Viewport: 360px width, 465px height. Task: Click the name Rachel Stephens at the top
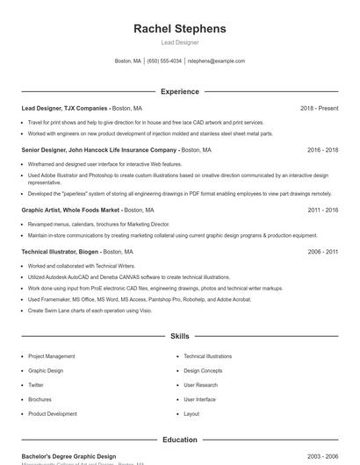[179, 28]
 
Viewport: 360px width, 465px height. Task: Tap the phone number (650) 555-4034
[164, 61]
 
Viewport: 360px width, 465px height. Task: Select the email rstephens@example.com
[217, 61]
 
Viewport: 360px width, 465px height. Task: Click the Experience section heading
[179, 91]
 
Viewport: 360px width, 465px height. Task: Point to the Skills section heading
[179, 336]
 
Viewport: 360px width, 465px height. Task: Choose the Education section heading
[179, 440]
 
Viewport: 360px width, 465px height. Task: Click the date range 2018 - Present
[319, 108]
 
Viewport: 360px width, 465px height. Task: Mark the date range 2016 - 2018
[322, 150]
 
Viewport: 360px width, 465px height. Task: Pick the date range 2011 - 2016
[322, 211]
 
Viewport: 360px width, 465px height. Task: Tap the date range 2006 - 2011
[322, 252]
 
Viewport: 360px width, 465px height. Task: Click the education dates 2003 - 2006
[322, 456]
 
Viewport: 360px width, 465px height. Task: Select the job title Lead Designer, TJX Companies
[64, 108]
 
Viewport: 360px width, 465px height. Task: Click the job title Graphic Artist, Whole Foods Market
[70, 211]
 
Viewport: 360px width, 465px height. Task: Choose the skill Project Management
[51, 356]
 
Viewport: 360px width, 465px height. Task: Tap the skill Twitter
[36, 385]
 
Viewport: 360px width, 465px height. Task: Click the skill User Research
[200, 385]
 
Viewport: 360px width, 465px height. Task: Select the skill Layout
[191, 413]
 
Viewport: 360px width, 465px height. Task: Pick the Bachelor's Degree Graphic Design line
[68, 456]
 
